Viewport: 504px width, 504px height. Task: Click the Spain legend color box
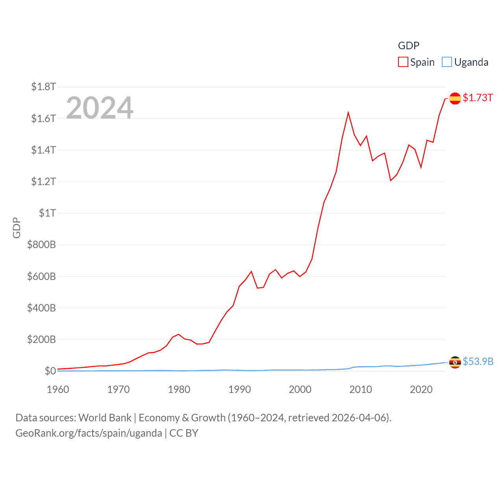click(x=403, y=62)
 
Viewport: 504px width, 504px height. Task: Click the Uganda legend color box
click(x=447, y=62)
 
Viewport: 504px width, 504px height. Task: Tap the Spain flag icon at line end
click(x=455, y=98)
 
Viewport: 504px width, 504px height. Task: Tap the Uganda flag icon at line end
click(x=455, y=362)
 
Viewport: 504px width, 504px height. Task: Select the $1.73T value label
click(x=478, y=98)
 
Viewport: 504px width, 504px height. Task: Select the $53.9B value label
click(x=478, y=361)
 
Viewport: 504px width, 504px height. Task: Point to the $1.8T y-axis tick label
click(x=43, y=87)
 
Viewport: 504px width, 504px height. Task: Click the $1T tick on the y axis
click(x=47, y=213)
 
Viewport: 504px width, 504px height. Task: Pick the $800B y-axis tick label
click(x=41, y=245)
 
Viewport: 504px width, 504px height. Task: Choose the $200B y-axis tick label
click(x=41, y=339)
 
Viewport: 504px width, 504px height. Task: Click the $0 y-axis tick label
click(x=50, y=371)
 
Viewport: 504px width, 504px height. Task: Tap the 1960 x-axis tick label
click(x=58, y=389)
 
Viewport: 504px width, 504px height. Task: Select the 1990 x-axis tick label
click(x=239, y=389)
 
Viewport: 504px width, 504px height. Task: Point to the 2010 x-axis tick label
click(x=361, y=389)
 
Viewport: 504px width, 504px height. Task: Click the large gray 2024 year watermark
click(x=100, y=107)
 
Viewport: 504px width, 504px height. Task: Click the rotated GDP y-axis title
click(x=17, y=228)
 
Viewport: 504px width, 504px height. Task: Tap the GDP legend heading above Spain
click(x=408, y=46)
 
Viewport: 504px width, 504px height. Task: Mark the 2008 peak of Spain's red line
click(x=348, y=113)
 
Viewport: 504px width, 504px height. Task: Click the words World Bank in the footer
click(x=105, y=417)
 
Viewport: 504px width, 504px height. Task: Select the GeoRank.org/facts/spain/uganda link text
click(x=89, y=433)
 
